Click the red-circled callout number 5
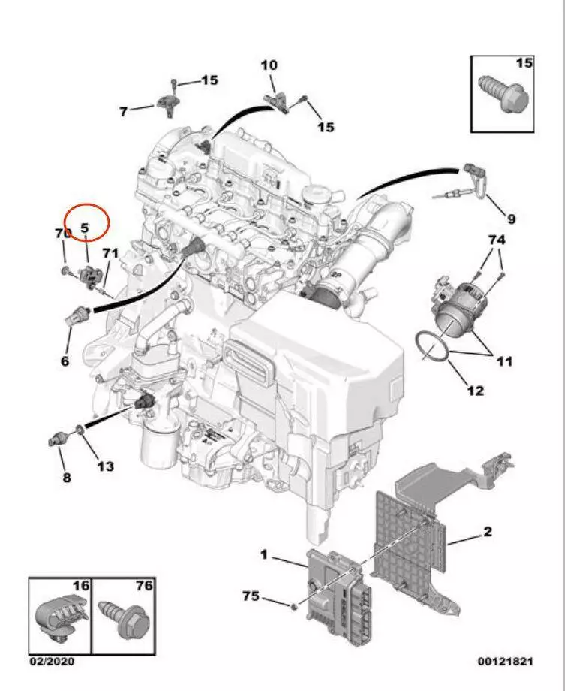85,227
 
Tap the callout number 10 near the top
269,66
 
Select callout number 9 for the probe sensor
511,219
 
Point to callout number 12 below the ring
476,390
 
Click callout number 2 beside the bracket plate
488,533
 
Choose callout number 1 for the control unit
264,554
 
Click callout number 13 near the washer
105,466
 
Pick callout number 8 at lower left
66,477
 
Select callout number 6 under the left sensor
65,361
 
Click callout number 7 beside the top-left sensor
124,112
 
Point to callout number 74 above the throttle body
497,240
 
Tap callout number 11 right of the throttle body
505,361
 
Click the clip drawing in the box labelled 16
60,620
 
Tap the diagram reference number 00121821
505,662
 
